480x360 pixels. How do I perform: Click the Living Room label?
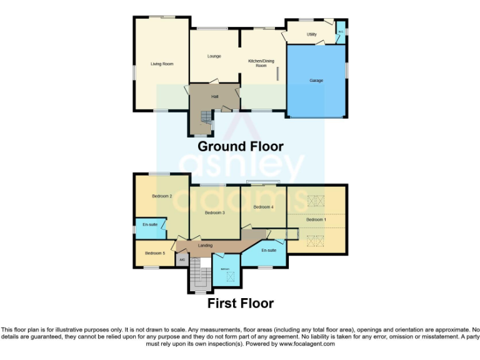(x=162, y=64)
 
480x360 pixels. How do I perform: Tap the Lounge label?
(x=214, y=56)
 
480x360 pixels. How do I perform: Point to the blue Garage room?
(x=316, y=81)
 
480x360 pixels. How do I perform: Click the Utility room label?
(x=311, y=34)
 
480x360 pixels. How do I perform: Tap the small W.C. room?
(x=341, y=29)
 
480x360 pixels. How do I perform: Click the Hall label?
(x=214, y=96)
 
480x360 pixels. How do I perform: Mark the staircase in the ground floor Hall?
(x=205, y=117)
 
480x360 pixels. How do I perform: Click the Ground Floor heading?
(x=241, y=146)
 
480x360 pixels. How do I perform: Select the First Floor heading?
(x=241, y=304)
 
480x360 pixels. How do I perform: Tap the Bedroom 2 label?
(x=162, y=196)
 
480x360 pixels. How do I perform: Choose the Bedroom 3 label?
(x=214, y=212)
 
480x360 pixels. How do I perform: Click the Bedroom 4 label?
(x=263, y=207)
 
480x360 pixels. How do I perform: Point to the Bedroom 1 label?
(x=316, y=219)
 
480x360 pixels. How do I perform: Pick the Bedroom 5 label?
(x=155, y=253)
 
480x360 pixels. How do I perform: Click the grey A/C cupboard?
(x=181, y=259)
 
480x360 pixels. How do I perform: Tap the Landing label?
(x=205, y=245)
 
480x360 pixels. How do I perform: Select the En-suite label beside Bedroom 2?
(x=150, y=224)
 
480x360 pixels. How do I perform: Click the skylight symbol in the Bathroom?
(x=229, y=275)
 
